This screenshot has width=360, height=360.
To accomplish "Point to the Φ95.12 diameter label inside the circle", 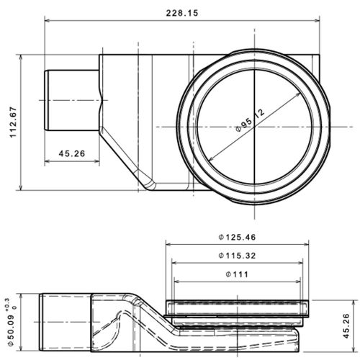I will pos(249,120).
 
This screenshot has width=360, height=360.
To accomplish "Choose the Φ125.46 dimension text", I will pos(238,237).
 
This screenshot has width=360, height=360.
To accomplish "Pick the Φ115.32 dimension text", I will pos(238,256).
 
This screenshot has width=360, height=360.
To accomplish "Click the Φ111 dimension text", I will pos(238,274).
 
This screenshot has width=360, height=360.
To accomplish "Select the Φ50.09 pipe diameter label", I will pos(10,322).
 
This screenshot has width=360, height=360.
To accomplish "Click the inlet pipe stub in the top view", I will pos(72,100).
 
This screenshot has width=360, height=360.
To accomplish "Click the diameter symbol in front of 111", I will pos(228,274).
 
